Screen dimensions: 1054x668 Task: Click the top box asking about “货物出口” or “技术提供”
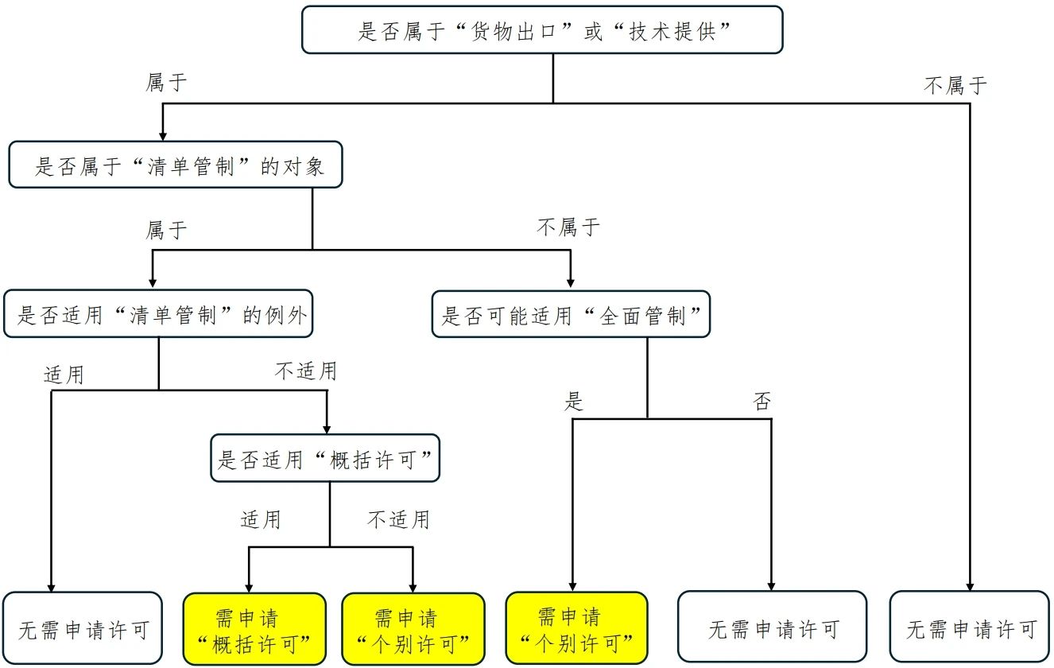point(542,29)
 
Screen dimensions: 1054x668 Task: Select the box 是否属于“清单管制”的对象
point(176,165)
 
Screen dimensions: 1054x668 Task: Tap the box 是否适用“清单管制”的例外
point(158,313)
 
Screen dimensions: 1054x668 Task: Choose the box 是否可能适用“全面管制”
point(571,314)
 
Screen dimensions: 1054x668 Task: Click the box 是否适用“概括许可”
point(325,458)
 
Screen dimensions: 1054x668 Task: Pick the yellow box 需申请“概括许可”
point(254,629)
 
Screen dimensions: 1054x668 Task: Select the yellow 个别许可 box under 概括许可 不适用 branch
point(413,629)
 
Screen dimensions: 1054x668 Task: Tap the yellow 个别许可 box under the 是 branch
point(576,628)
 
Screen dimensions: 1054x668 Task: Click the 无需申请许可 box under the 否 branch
point(772,627)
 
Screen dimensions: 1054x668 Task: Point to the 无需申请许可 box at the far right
point(970,627)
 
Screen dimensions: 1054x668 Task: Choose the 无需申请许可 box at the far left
point(83,628)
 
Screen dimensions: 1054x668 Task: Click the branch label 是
point(574,401)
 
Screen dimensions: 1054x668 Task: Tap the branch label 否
point(762,401)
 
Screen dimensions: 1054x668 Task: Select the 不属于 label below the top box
point(955,86)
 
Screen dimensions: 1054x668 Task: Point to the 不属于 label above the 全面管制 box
point(568,227)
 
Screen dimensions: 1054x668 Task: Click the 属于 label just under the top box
point(166,83)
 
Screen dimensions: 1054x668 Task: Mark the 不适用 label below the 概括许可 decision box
point(398,520)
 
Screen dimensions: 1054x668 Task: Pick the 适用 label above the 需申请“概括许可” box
point(261,520)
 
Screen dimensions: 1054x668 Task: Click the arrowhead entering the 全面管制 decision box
point(570,283)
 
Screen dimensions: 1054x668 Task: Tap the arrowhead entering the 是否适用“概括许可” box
point(327,429)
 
